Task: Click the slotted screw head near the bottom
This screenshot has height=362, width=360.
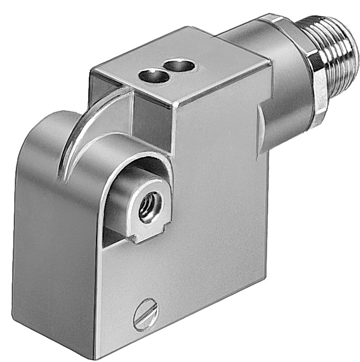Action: [x=147, y=314]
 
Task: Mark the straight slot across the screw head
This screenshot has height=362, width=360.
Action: [x=147, y=314]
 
